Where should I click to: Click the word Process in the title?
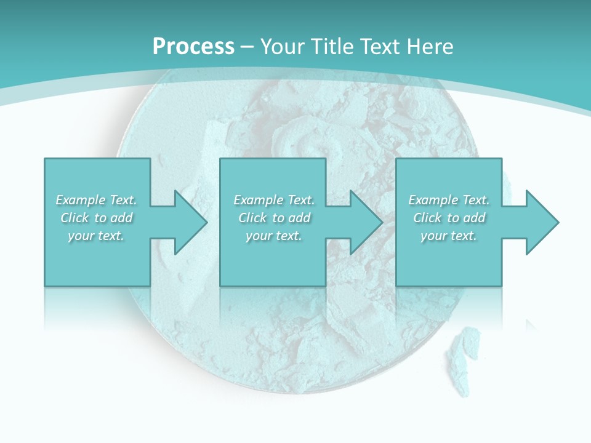[193, 46]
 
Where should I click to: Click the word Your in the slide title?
[282, 46]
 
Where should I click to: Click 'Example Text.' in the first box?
[96, 200]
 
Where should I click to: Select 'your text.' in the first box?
[96, 236]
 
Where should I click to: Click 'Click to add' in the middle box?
[274, 218]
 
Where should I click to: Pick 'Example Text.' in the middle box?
[274, 200]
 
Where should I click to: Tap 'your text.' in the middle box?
[274, 236]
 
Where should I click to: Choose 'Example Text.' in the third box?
[449, 200]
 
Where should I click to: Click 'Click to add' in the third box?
[449, 218]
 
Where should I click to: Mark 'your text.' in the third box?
[449, 236]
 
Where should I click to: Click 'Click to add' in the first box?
[96, 218]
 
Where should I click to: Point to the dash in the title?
[247, 47]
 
